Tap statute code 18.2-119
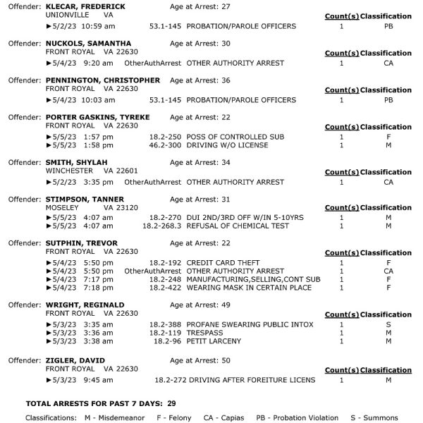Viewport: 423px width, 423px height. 165,333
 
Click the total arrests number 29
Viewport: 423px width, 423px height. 171,404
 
